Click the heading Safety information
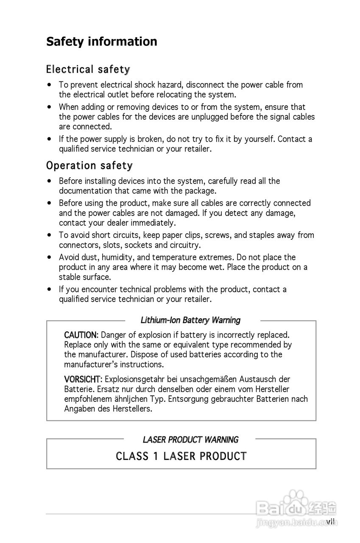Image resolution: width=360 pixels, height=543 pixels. [x=101, y=42]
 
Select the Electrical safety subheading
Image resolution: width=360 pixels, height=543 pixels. [x=88, y=69]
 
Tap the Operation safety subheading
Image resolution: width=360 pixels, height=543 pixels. [x=89, y=165]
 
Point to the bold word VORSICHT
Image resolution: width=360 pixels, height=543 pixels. [x=82, y=379]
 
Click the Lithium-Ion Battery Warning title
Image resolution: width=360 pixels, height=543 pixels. [x=190, y=320]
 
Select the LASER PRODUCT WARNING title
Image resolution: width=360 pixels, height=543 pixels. [x=190, y=440]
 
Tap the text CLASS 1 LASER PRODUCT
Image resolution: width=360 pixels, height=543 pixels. [x=181, y=456]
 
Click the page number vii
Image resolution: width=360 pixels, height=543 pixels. [x=331, y=521]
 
